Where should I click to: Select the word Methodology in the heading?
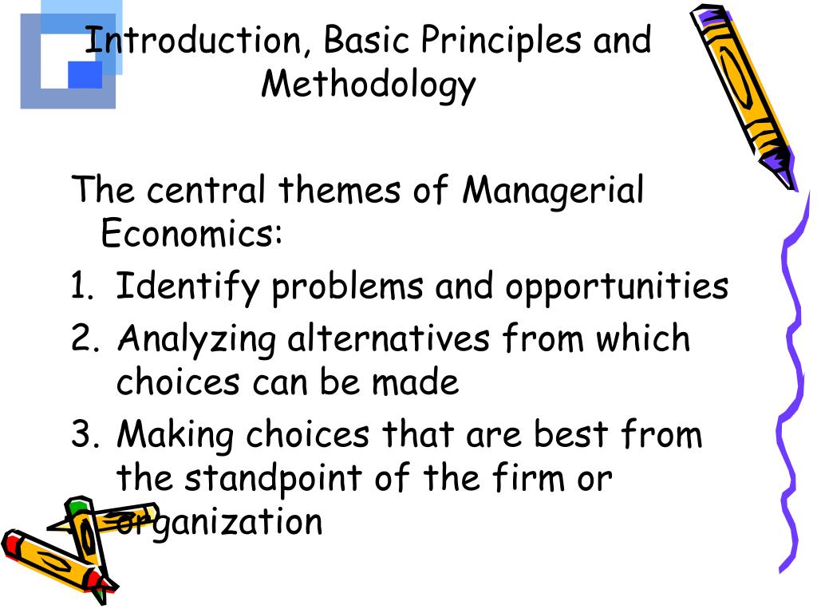point(368,85)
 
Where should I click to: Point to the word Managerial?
point(554,192)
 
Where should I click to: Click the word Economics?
point(191,235)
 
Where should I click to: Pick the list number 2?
point(83,339)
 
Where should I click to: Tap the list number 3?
point(83,436)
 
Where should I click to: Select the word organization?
point(219,524)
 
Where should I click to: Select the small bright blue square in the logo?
point(85,74)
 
